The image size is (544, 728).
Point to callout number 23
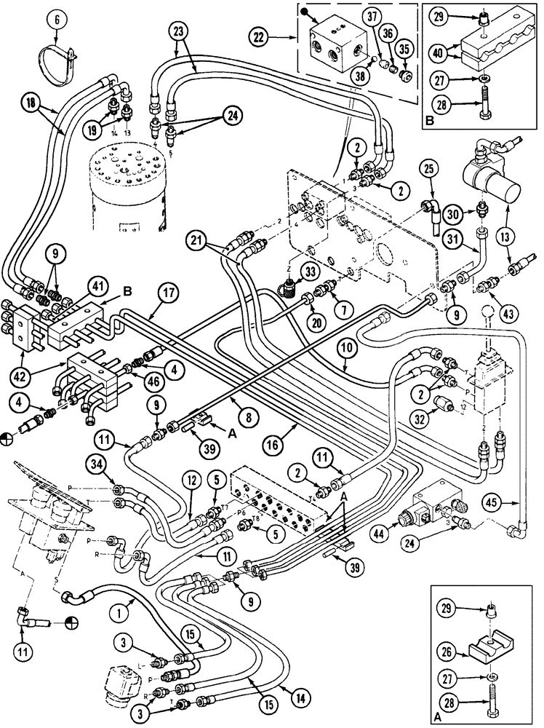[179, 31]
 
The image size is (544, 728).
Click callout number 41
[98, 286]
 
